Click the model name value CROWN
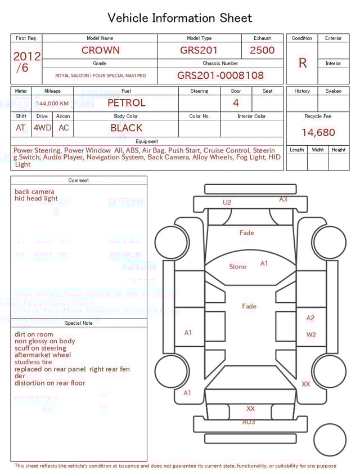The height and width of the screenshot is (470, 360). (100, 50)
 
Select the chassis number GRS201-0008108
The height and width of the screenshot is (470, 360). (220, 75)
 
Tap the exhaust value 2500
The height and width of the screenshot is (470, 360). (262, 50)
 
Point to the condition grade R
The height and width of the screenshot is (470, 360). (302, 63)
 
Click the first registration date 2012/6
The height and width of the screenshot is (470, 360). (26, 62)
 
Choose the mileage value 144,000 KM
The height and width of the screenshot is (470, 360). (52, 104)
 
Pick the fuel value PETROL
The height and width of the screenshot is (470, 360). (126, 102)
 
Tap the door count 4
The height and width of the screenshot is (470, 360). (236, 102)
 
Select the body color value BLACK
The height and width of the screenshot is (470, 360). (126, 128)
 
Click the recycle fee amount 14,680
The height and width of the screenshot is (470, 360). (318, 132)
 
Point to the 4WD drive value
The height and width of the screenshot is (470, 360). (42, 128)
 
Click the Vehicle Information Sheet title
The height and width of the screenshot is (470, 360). (180, 18)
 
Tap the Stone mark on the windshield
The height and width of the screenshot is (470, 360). (237, 266)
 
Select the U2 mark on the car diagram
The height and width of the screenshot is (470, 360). (227, 202)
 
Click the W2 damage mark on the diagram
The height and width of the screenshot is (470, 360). (311, 334)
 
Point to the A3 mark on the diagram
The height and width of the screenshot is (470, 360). (283, 199)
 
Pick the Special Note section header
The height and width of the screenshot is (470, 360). (79, 323)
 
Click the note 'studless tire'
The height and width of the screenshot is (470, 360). (33, 362)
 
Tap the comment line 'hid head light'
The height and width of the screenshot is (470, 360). (36, 199)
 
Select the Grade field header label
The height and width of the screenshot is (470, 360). (100, 64)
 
